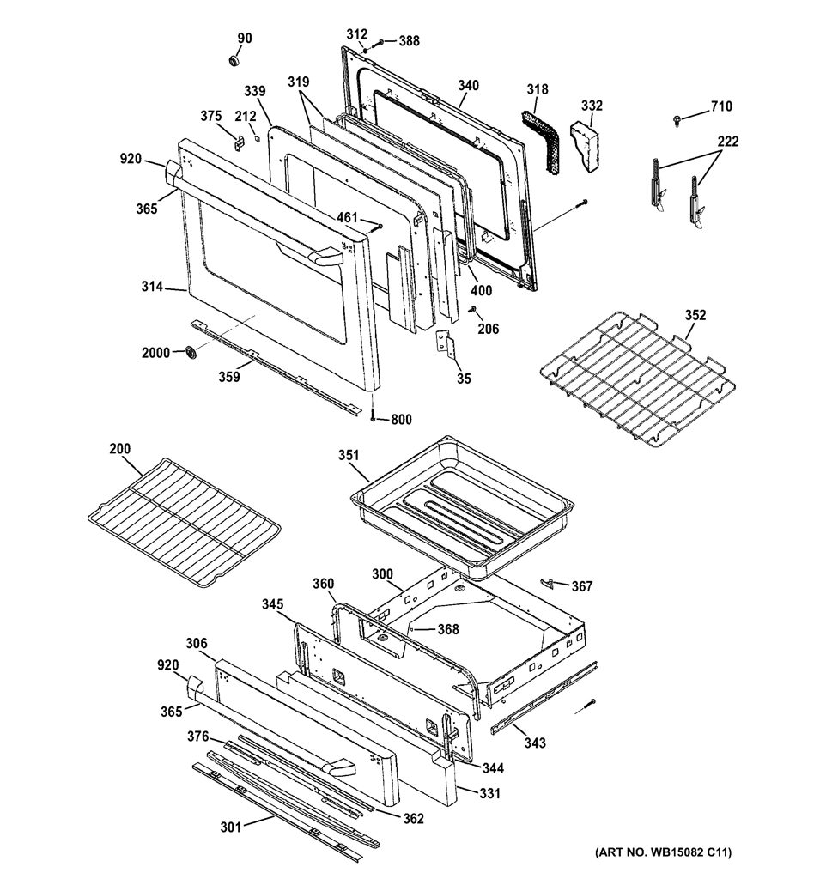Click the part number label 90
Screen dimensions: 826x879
245,38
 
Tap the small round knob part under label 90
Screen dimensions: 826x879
234,60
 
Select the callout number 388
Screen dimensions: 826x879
409,41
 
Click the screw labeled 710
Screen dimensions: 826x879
677,118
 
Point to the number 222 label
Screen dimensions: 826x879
727,142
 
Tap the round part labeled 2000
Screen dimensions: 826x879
191,353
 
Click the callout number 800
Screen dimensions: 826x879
401,419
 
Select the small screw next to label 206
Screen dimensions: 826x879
472,309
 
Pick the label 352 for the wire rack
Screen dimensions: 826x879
695,315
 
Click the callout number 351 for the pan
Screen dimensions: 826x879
349,455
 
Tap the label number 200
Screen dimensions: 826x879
119,448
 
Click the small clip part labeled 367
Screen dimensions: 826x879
548,583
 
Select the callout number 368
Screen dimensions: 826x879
448,629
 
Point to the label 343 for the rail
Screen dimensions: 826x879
534,743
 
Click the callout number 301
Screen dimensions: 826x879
230,827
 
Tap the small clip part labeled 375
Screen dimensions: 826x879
239,142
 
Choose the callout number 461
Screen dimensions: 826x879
348,217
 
